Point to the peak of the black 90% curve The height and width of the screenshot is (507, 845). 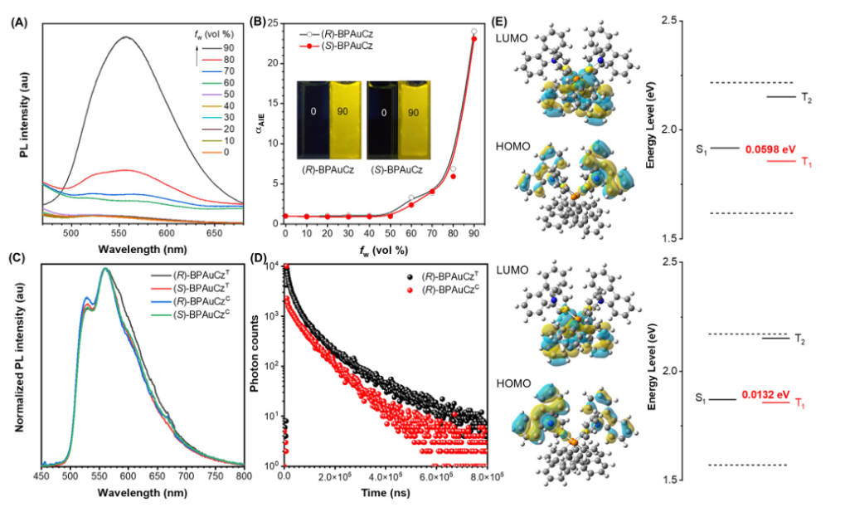pyautogui.click(x=126, y=37)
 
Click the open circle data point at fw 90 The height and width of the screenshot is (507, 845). pyautogui.click(x=473, y=32)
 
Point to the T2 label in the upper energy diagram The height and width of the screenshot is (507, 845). pyautogui.click(x=806, y=97)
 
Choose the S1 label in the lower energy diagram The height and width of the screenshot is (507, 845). pyautogui.click(x=702, y=399)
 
